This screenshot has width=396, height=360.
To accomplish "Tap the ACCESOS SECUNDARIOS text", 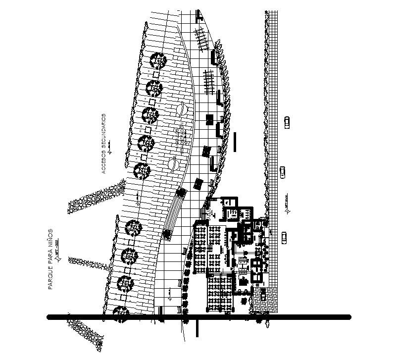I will click(x=104, y=143).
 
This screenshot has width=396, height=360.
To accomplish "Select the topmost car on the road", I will click(x=287, y=122).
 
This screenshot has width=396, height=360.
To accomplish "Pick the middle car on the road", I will click(x=283, y=172).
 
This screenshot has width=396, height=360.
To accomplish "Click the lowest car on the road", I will click(x=284, y=238).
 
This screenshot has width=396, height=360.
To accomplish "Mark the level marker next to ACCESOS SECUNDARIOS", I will click(x=111, y=147).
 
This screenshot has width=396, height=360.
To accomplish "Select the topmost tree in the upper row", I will click(x=158, y=61).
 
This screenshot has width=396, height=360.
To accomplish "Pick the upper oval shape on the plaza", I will click(x=182, y=108).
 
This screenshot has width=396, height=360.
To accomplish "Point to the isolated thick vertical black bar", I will click(x=236, y=142).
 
